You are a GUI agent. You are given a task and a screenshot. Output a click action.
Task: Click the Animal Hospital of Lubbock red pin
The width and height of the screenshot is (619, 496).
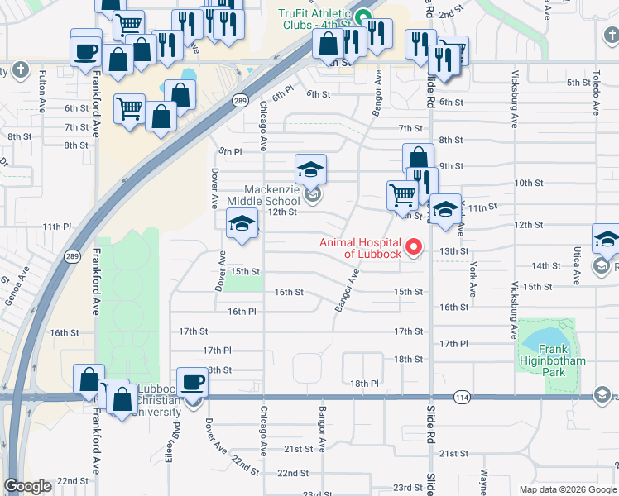click(x=413, y=246)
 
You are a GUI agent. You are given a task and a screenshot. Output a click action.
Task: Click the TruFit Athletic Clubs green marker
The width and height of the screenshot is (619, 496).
click(x=362, y=15)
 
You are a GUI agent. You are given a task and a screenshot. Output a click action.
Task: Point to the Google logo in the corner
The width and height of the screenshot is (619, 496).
click(x=27, y=486)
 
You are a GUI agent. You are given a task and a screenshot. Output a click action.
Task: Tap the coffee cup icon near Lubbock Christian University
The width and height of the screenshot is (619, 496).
click(x=193, y=383)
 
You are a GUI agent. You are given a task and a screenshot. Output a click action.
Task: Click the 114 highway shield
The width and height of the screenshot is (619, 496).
click(x=462, y=398)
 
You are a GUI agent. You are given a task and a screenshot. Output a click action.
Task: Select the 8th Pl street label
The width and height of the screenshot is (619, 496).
click(x=230, y=151)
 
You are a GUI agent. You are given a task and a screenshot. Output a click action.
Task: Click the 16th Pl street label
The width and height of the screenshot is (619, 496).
click(x=242, y=312)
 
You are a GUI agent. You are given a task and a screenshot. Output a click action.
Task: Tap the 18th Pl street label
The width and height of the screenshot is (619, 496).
click(x=363, y=384)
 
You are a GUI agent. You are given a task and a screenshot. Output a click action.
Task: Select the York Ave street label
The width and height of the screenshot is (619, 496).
click(x=473, y=279)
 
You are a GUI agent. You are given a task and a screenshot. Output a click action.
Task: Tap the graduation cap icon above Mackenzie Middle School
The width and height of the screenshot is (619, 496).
click(x=311, y=169)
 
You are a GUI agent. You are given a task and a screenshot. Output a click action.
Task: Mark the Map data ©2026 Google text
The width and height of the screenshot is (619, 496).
click(x=566, y=489)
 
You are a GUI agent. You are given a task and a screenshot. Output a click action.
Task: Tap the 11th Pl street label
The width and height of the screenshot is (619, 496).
click(x=57, y=227)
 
